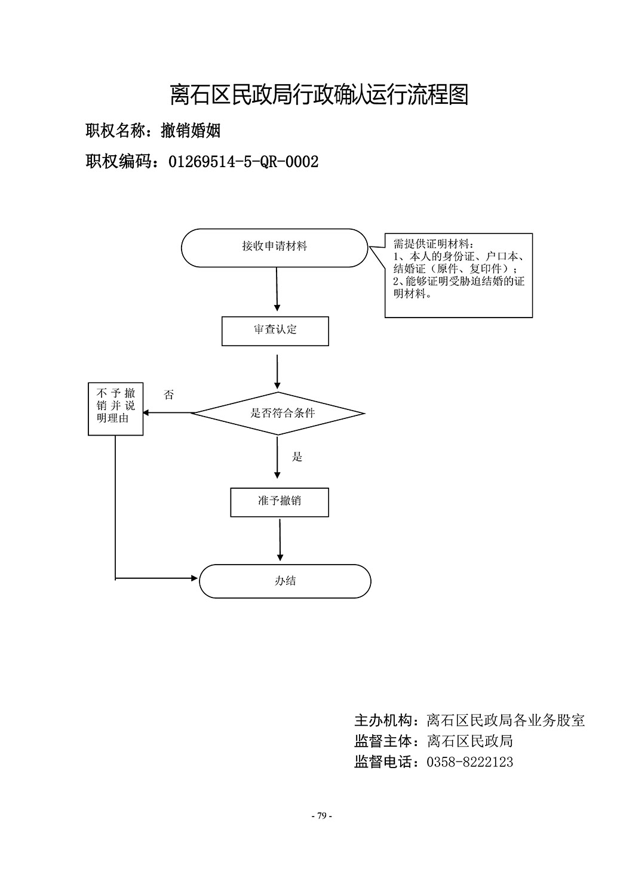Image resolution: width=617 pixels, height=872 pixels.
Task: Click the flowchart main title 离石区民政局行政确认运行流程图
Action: pyautogui.click(x=319, y=94)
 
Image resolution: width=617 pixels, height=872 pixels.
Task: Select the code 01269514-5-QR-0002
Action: pyautogui.click(x=244, y=162)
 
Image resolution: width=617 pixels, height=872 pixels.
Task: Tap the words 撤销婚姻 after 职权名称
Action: pyautogui.click(x=191, y=130)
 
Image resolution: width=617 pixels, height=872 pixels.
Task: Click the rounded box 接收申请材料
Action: pyautogui.click(x=275, y=248)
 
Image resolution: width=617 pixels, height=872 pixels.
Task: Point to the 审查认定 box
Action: pyautogui.click(x=275, y=331)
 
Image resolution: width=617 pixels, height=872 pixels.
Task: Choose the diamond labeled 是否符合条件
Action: pyautogui.click(x=278, y=414)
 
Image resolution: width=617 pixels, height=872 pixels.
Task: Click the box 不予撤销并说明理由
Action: pyautogui.click(x=116, y=409)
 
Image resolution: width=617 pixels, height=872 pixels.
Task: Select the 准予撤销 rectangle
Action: pyautogui.click(x=280, y=502)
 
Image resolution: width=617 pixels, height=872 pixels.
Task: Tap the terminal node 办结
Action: pyautogui.click(x=285, y=581)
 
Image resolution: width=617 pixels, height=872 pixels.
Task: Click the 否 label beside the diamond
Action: pyautogui.click(x=168, y=395)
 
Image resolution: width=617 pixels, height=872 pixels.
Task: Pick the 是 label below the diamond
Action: pyautogui.click(x=297, y=457)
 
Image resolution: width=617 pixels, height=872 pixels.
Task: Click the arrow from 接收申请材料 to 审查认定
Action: pyautogui.click(x=277, y=289)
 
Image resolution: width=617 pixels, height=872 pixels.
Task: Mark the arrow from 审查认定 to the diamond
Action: pyautogui.click(x=277, y=372)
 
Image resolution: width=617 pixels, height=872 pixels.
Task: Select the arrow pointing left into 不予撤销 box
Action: pyautogui.click(x=167, y=413)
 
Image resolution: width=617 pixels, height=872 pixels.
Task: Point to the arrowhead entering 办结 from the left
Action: pyautogui.click(x=195, y=578)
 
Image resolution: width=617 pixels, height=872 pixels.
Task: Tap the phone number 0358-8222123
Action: pyautogui.click(x=469, y=762)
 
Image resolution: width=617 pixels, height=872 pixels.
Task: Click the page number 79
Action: pyautogui.click(x=322, y=815)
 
